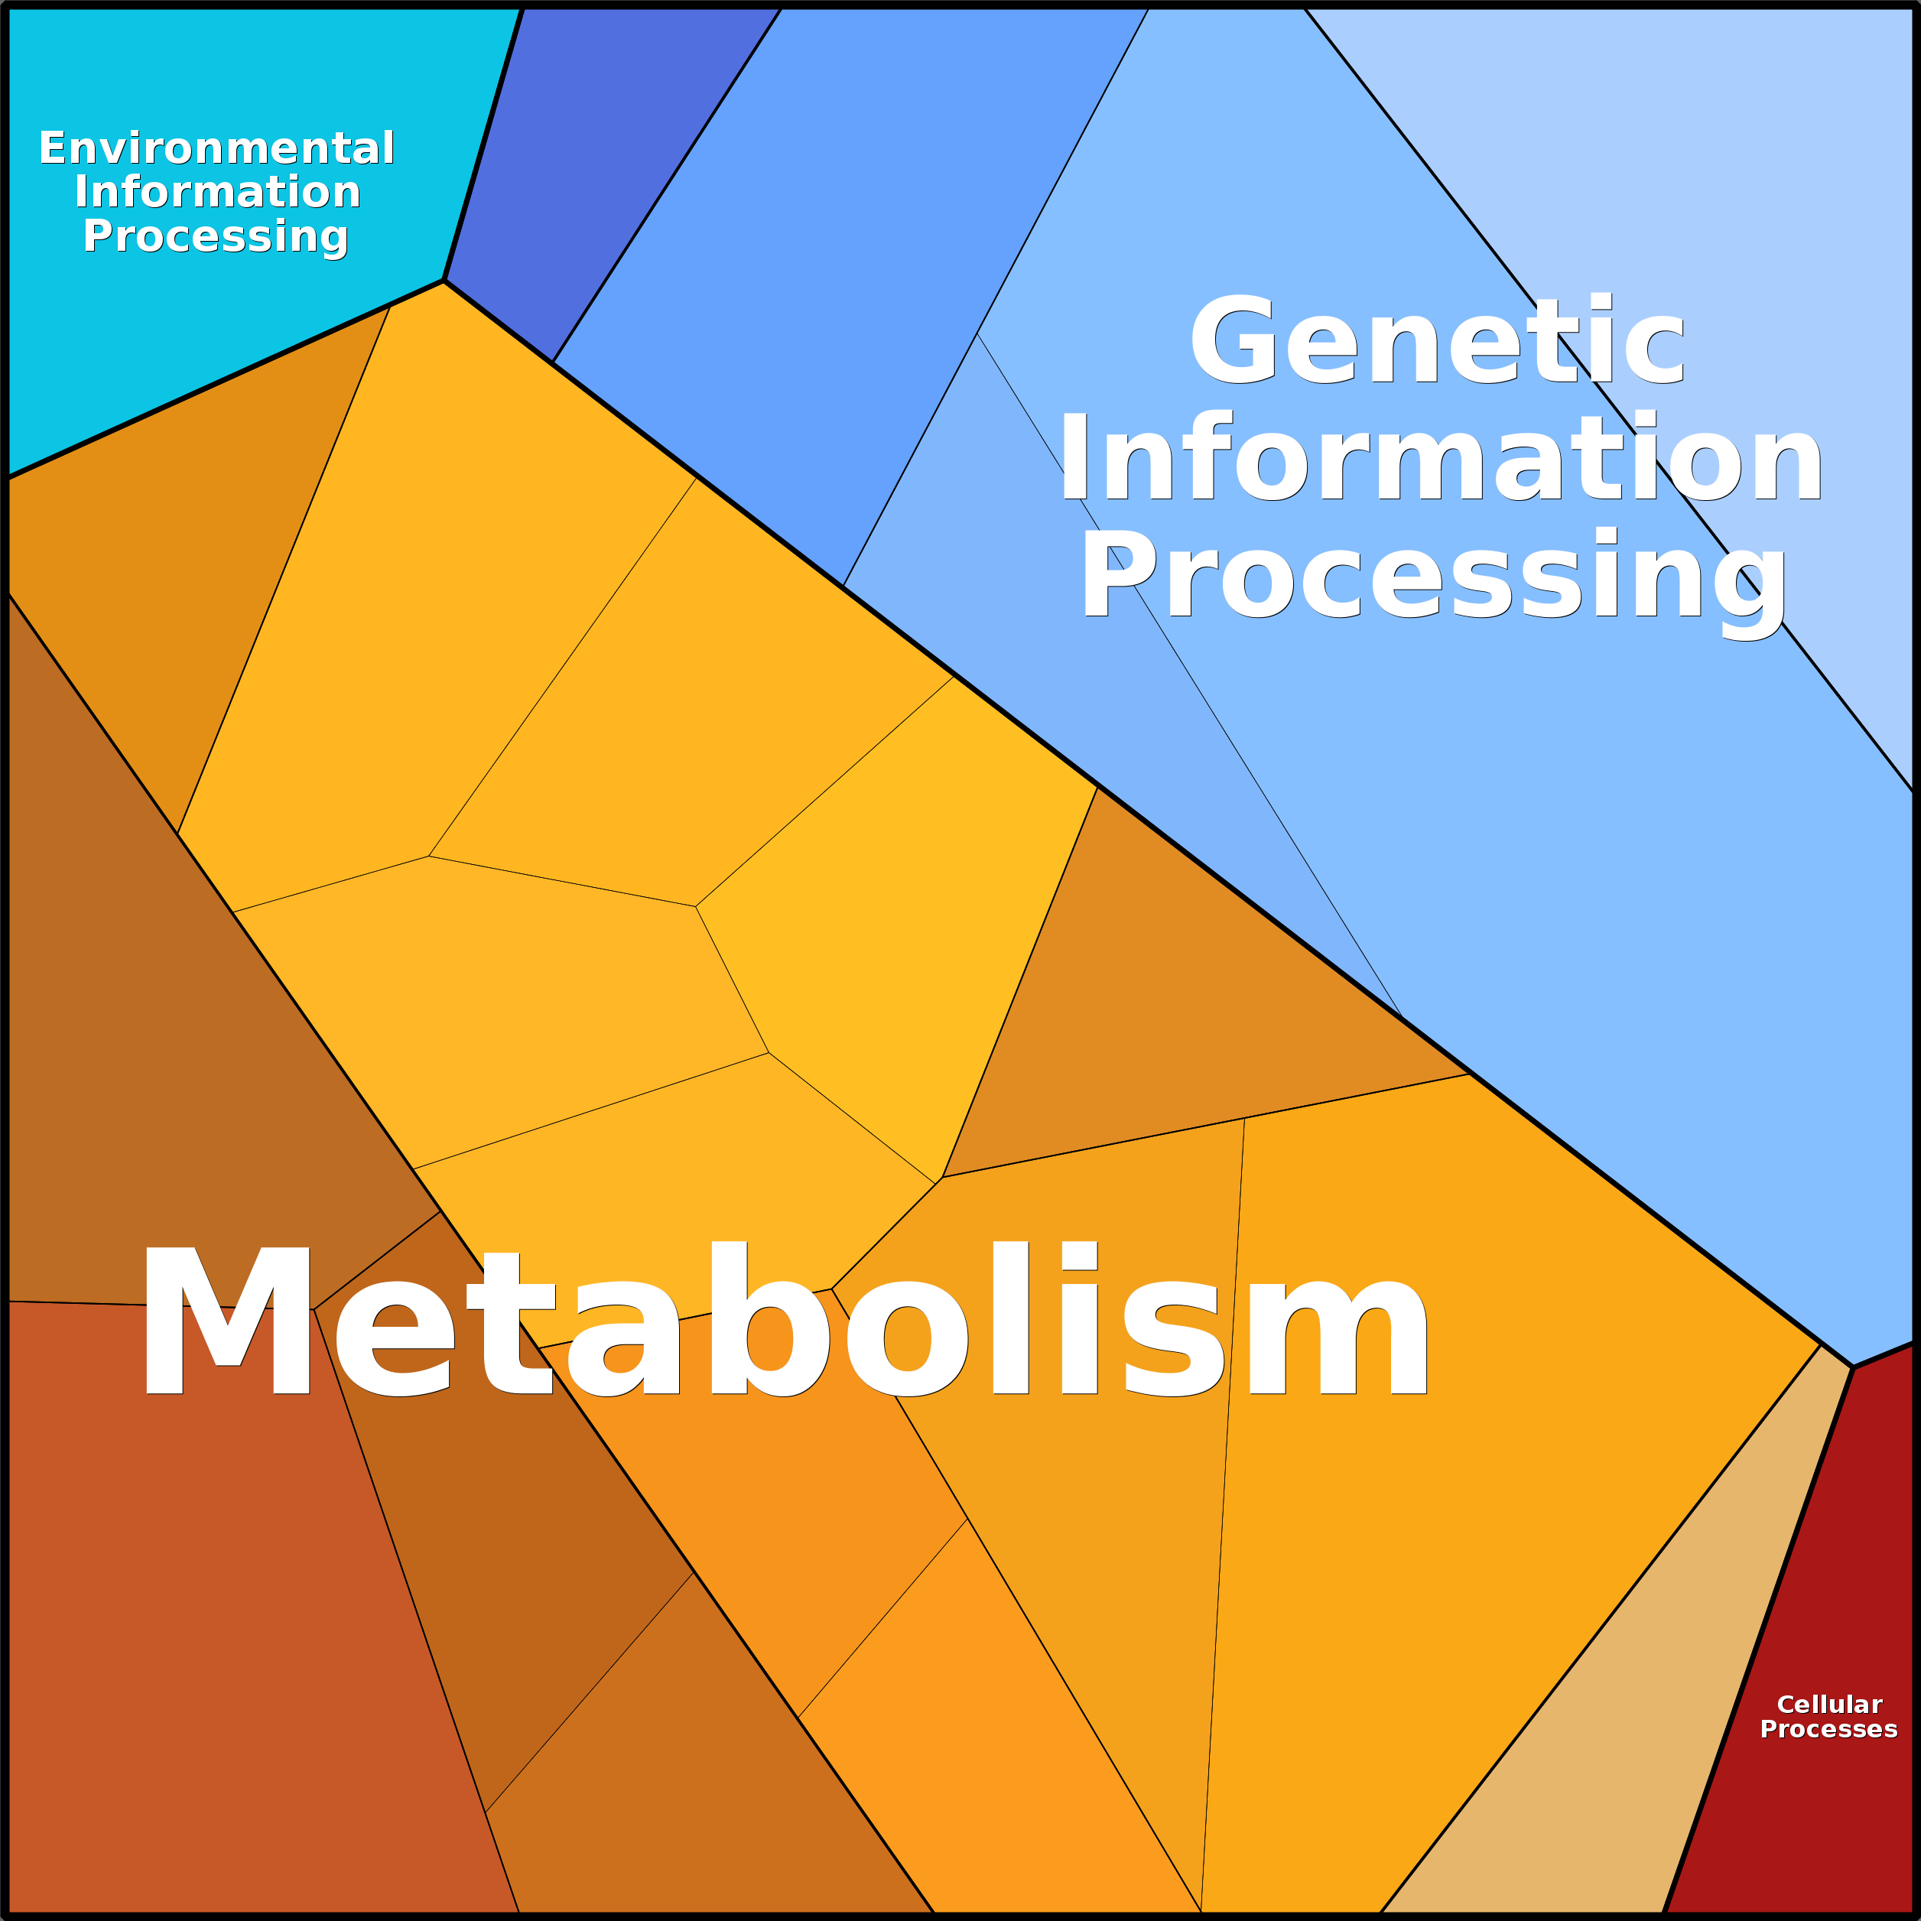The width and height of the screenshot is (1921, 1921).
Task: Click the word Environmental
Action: point(216,149)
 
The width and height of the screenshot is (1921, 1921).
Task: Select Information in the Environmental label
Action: point(216,192)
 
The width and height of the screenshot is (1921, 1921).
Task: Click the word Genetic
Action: point(1438,339)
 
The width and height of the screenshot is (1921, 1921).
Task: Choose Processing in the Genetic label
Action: point(1434,582)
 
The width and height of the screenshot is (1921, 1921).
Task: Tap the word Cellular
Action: point(1829,1705)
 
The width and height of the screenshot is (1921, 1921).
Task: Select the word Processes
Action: point(1829,1730)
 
